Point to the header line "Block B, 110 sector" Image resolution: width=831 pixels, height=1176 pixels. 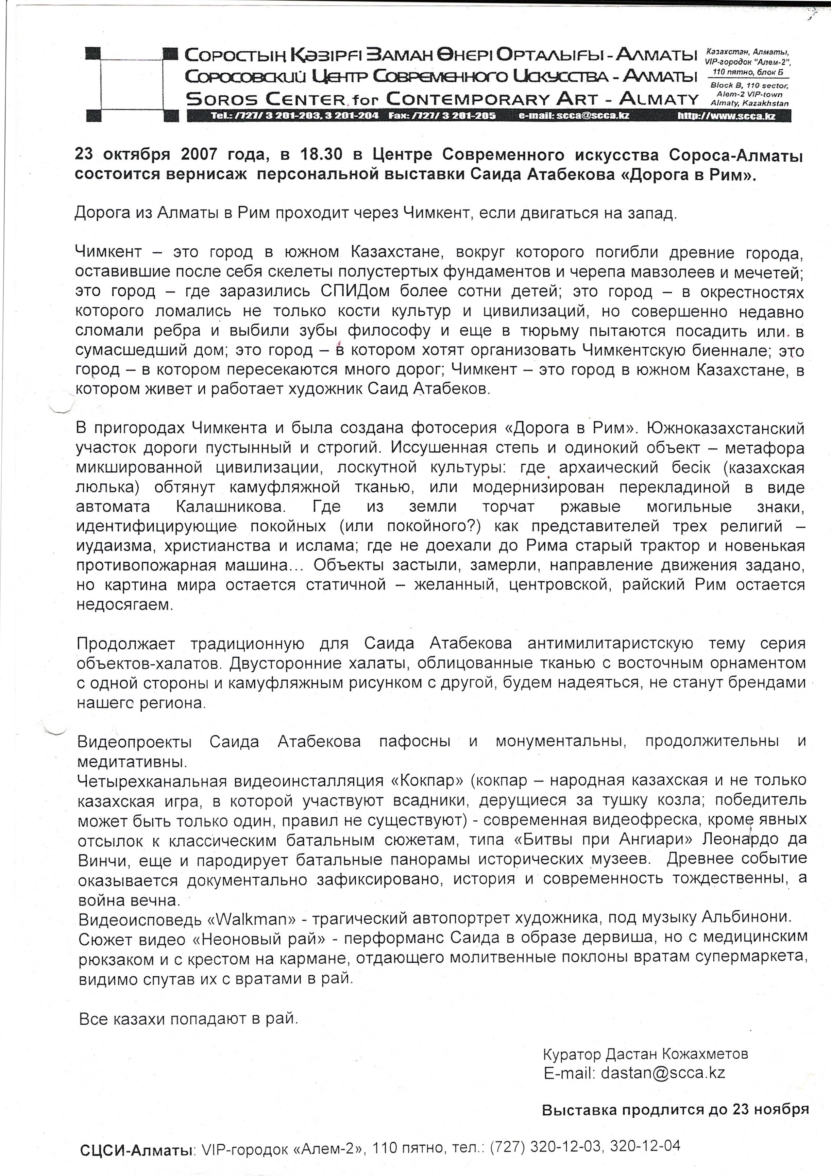[749, 85]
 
